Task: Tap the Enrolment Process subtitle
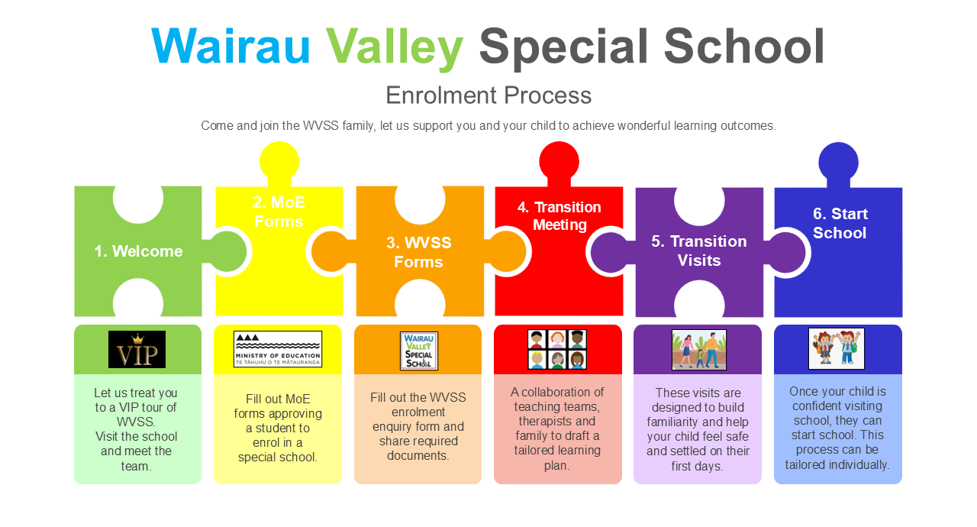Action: [x=488, y=95]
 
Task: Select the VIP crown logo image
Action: [x=137, y=349]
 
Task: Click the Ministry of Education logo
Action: [x=278, y=349]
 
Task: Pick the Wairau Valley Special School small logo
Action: [x=419, y=351]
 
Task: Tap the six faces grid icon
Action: [x=557, y=350]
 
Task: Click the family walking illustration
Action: [x=699, y=350]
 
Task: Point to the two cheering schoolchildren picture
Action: [x=837, y=348]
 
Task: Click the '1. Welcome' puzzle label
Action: [x=138, y=251]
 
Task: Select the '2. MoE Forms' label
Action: [x=279, y=212]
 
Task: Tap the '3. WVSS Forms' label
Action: [x=419, y=252]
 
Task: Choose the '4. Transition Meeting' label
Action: [x=559, y=216]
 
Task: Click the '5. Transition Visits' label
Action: [x=698, y=251]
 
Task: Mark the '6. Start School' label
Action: [x=840, y=223]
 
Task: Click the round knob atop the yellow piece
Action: [x=279, y=161]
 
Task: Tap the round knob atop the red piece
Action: [x=559, y=161]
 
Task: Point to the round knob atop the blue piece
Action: [x=838, y=162]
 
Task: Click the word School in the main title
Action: [x=743, y=47]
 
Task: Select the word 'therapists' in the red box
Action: [x=556, y=421]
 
